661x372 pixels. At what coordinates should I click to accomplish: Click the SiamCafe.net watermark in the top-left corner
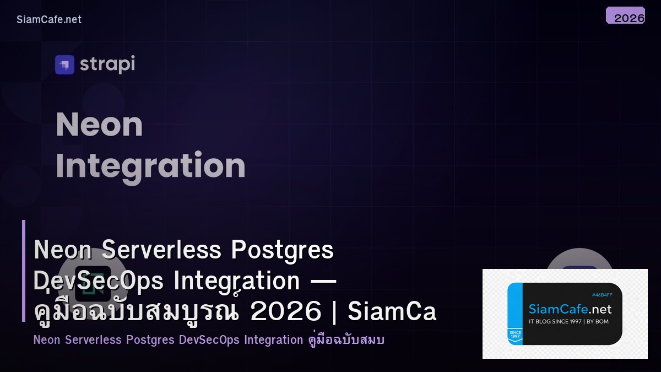click(49, 19)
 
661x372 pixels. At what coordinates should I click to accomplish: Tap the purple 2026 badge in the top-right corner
click(626, 16)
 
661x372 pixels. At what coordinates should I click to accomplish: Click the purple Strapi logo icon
click(64, 64)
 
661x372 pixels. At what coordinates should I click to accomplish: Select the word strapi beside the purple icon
click(107, 64)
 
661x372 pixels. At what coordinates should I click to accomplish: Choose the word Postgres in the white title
click(283, 250)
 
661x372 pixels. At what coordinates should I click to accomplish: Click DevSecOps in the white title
click(99, 281)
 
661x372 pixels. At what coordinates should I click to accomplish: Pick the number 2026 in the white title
click(285, 312)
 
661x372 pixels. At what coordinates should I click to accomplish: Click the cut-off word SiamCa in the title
click(392, 312)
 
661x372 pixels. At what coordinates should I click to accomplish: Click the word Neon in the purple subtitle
click(47, 339)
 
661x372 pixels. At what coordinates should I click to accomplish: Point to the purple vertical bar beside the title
click(24, 271)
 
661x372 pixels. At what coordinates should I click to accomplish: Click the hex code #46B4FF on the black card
click(602, 295)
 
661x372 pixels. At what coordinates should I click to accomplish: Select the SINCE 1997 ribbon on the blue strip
click(516, 336)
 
